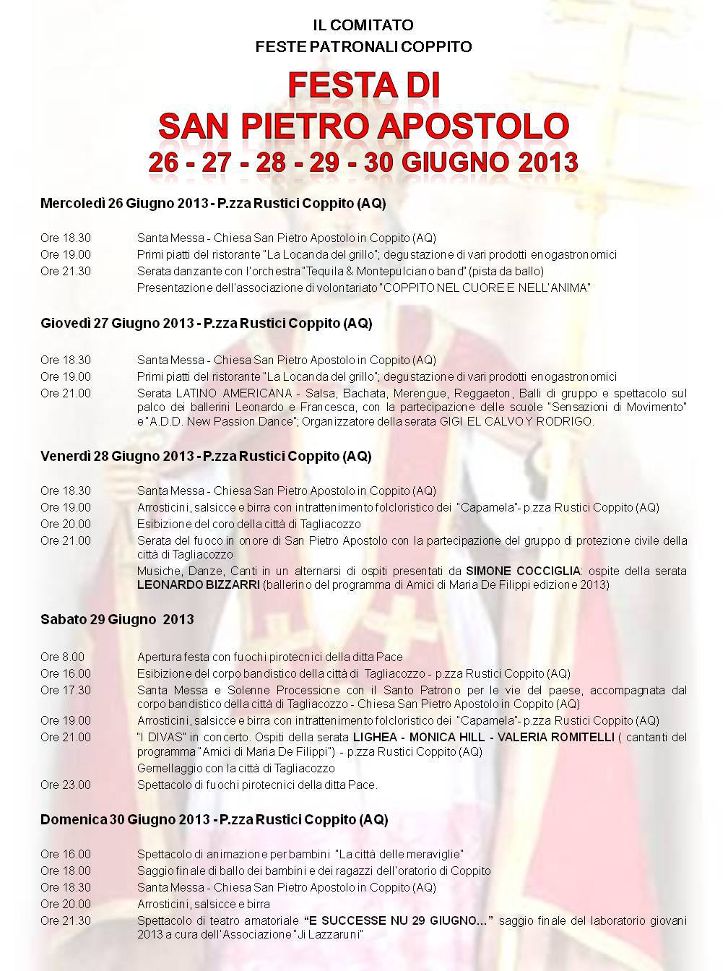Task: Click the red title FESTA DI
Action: point(363,86)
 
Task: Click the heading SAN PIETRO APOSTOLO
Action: point(363,124)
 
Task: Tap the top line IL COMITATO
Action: point(363,25)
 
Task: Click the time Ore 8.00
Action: point(62,657)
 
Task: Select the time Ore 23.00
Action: point(66,785)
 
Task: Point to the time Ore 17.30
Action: point(66,690)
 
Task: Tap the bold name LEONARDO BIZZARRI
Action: point(198,584)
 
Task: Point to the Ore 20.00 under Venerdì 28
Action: point(66,524)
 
